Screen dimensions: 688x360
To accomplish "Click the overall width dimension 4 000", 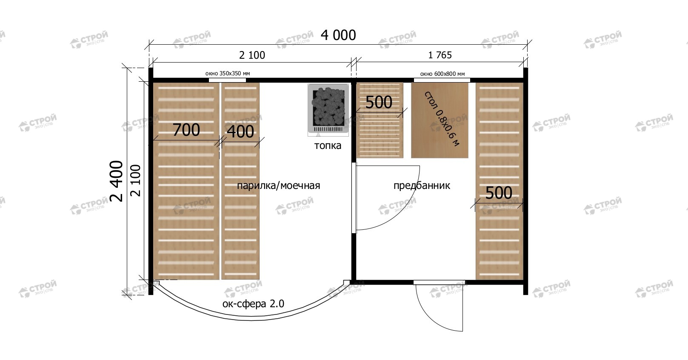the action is coord(338,35).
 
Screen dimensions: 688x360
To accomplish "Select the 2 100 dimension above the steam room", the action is coord(252,55).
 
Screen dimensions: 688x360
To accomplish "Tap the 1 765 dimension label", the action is coord(440,55).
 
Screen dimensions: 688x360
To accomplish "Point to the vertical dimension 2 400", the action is coord(117,181).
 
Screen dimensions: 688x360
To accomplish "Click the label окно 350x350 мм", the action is coord(228,74).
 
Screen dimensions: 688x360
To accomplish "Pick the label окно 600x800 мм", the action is coord(442,74).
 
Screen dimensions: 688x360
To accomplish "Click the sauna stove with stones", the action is coord(328,110).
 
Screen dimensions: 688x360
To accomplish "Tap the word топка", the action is coord(328,146).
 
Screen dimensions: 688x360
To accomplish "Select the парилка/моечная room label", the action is coord(279,186).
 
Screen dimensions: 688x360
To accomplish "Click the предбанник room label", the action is coord(422,186).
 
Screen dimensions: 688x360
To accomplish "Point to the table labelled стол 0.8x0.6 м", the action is coord(440,120).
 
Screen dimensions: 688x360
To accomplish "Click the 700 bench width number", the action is coord(186,130).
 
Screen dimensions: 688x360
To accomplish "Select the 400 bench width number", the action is coord(240,132).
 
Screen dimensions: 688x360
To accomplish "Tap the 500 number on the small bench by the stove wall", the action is coord(379,102).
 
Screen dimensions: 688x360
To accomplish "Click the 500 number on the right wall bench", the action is coord(499,193).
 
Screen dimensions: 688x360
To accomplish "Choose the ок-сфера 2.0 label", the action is coord(254,304).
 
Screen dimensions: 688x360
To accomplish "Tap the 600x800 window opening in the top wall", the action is coord(442,80).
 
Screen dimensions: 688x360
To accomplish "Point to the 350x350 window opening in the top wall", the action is coord(227,80).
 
